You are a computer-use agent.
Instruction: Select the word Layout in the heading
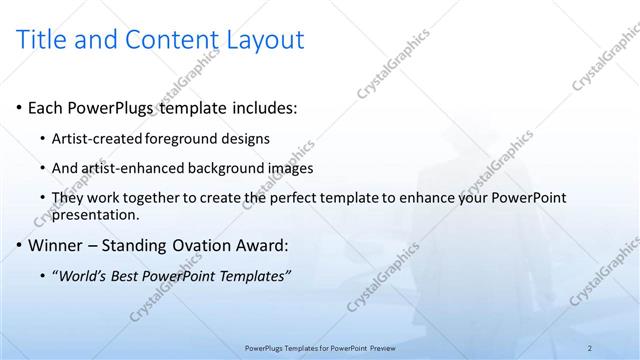pos(262,40)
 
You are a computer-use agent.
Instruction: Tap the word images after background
pos(290,168)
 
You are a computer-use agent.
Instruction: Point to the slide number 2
pos(589,347)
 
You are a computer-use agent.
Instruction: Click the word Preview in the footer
pos(382,347)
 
